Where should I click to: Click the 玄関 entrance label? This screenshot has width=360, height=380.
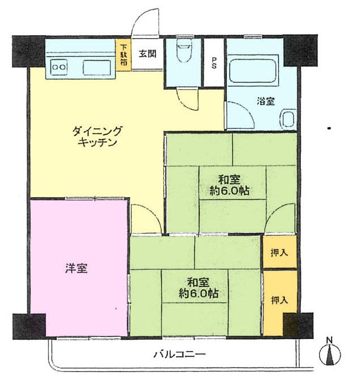148,54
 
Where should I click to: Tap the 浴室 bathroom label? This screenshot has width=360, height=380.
266,102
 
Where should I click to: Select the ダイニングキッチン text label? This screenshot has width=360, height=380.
97,137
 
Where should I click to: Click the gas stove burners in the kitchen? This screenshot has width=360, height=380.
59,67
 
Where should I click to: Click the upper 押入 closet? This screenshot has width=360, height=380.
279,252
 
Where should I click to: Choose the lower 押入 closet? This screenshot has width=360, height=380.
279,299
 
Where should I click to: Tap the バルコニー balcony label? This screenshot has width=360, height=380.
179,355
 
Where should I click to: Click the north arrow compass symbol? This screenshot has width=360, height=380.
329,352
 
